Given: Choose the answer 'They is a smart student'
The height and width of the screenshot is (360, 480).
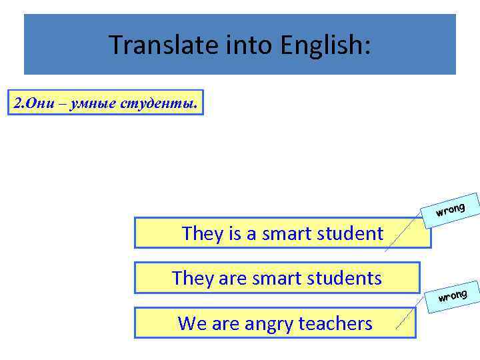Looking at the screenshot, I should [283, 233].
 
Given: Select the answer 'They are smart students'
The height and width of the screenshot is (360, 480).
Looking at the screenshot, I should [277, 278].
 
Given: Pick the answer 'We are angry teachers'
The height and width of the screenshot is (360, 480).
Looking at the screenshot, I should [275, 323].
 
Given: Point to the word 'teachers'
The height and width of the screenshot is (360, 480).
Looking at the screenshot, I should [335, 323].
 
